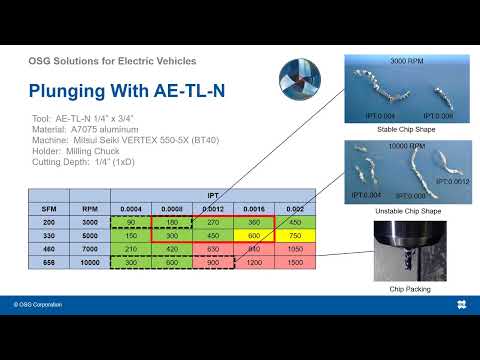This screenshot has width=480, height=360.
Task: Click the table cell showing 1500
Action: (x=294, y=261)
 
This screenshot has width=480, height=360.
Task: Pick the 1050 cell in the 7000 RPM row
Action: (x=294, y=249)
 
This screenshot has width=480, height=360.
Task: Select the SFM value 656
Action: (x=49, y=261)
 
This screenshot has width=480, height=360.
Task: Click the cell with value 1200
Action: (x=253, y=261)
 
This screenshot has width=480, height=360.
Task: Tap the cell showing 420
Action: (x=171, y=249)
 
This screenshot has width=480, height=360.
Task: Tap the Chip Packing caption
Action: (x=402, y=289)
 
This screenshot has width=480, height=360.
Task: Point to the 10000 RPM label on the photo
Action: (x=402, y=146)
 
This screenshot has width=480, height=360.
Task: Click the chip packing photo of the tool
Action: (x=402, y=250)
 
